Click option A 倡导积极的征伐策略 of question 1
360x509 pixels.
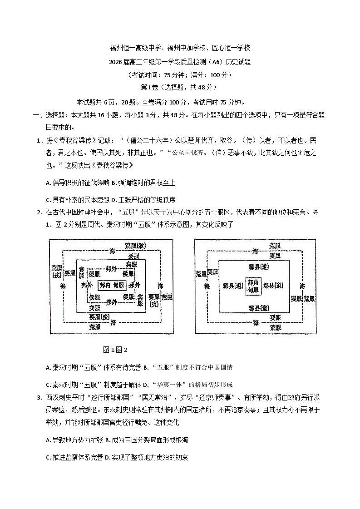click(78, 183)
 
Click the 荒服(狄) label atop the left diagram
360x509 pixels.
click(135, 245)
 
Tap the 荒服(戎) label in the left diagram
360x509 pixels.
click(56, 271)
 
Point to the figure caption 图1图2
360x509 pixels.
click(115, 350)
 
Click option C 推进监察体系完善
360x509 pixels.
click(74, 458)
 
